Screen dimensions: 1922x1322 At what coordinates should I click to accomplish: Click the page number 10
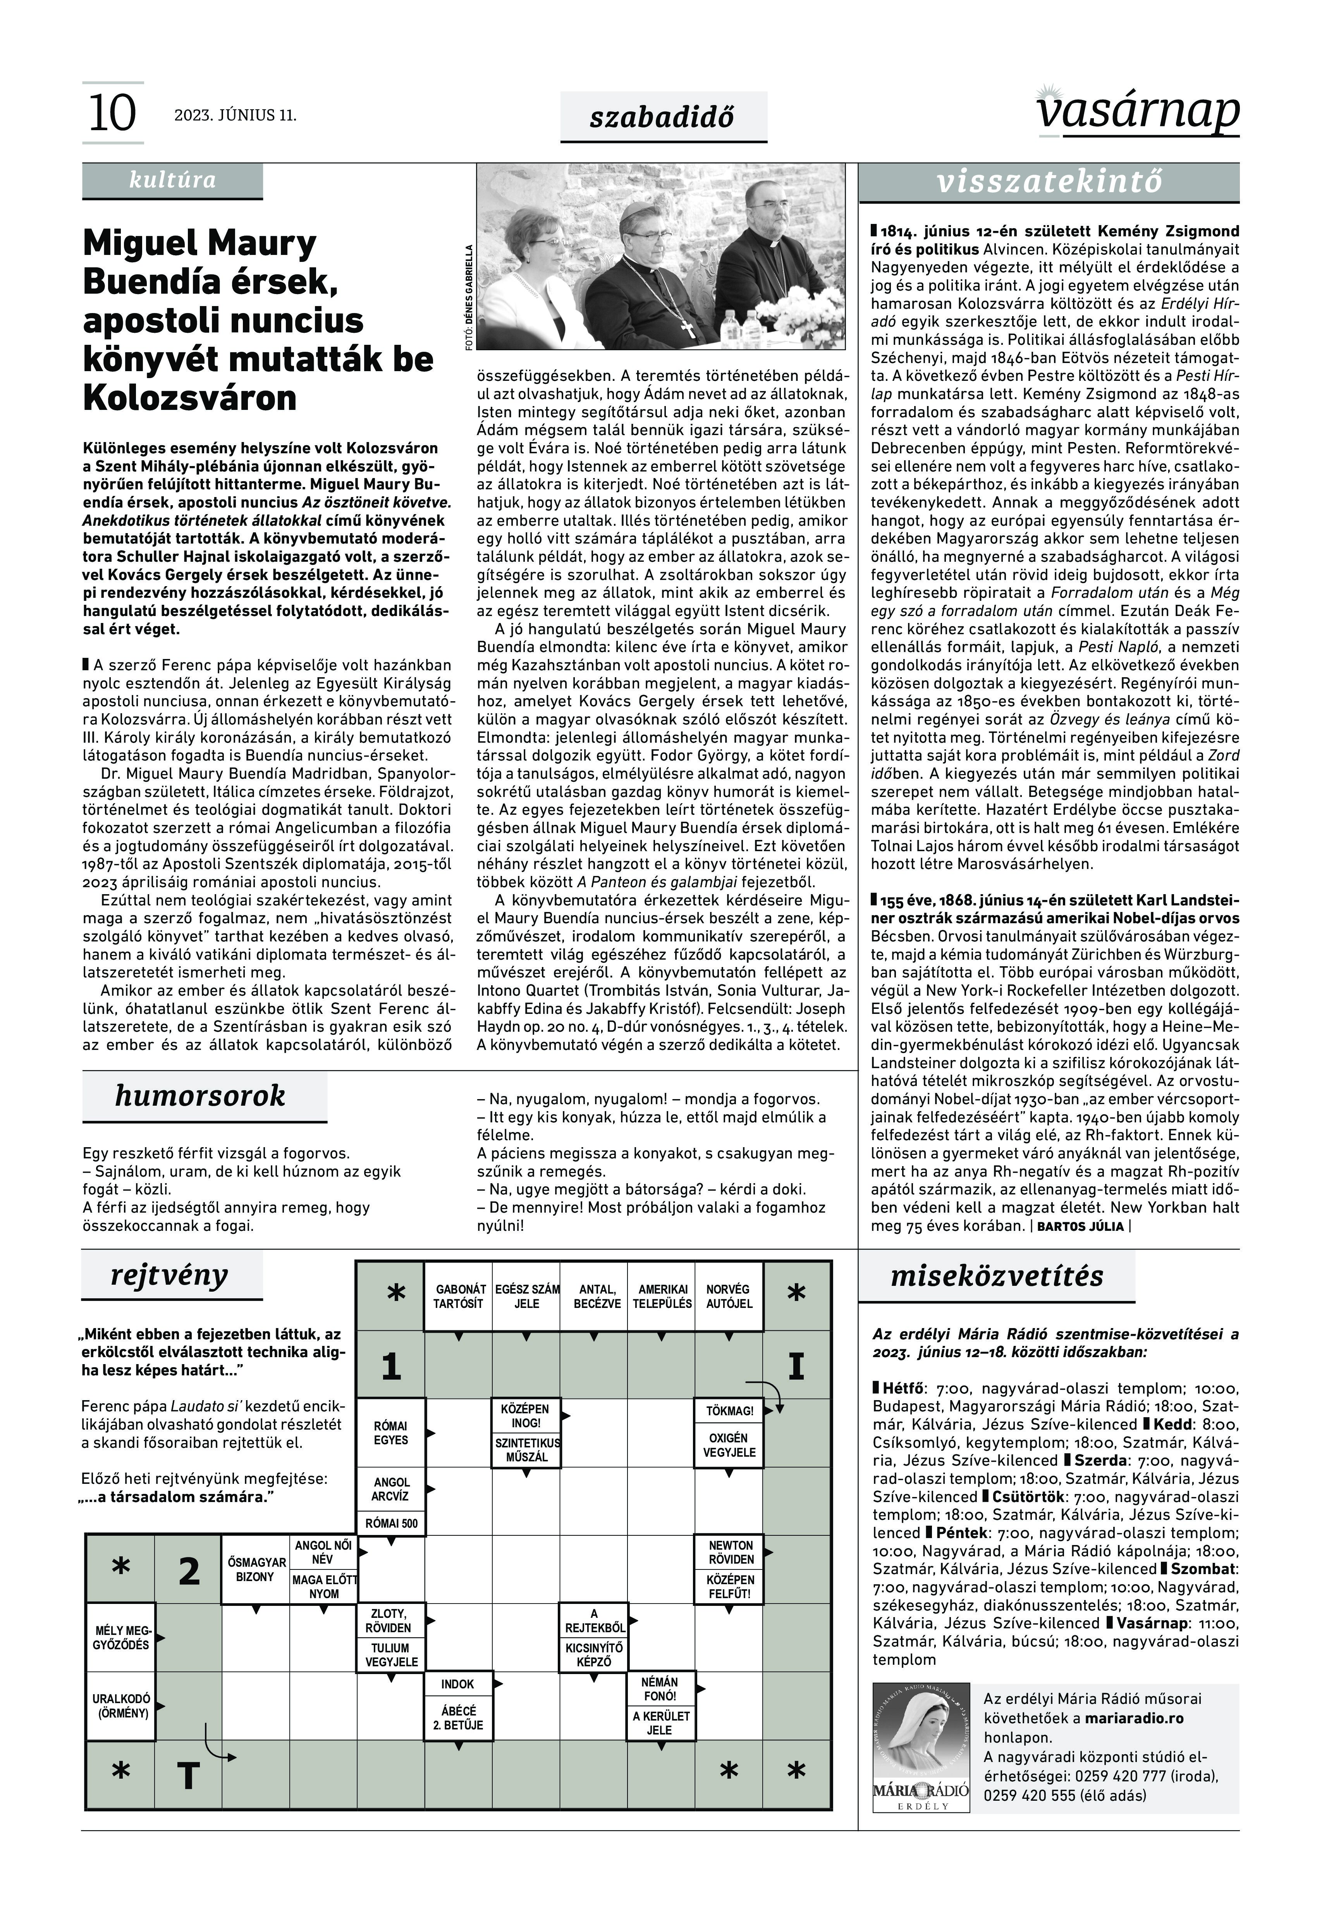(x=112, y=114)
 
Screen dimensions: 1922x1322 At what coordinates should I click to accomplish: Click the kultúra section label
(x=172, y=181)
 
